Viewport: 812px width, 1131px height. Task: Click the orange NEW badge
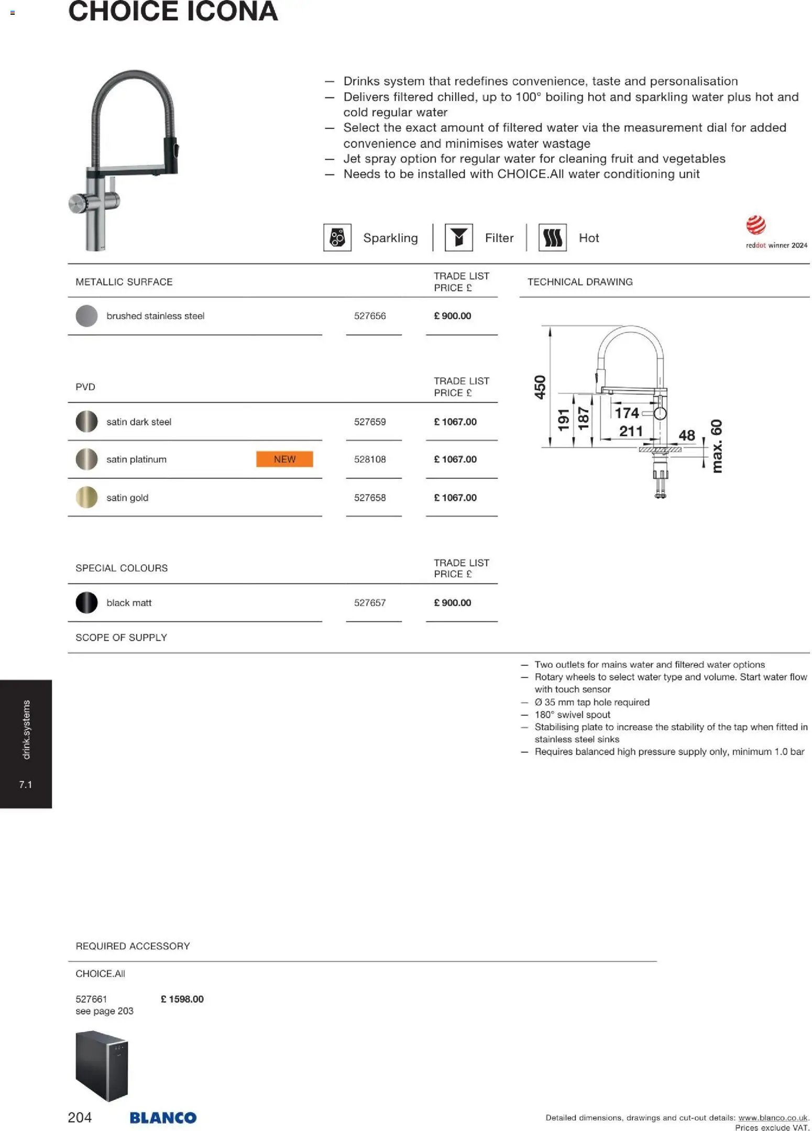pos(284,459)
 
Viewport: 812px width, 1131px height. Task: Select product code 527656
pos(369,316)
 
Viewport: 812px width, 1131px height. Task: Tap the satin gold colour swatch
pos(86,497)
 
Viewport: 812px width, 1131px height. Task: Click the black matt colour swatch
pos(86,602)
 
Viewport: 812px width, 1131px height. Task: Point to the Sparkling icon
pos(337,238)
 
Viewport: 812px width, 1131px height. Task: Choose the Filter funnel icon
pos(458,238)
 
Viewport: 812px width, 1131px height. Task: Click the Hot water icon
pos(552,238)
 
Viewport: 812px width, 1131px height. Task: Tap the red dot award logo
pos(755,225)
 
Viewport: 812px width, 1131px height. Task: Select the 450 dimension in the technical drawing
pos(540,387)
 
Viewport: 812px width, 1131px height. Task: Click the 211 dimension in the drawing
pos(630,431)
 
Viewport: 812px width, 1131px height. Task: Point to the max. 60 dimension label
pos(716,446)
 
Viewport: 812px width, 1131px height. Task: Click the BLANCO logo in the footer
pos(163,1117)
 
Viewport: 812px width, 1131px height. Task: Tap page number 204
pos(80,1117)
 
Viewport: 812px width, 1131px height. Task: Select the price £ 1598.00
pos(182,999)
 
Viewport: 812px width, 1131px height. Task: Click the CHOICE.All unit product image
pos(102,1066)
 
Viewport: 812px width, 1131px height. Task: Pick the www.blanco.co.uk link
pos(773,1118)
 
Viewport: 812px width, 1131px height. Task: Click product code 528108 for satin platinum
pos(369,459)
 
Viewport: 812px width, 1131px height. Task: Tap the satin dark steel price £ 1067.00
pos(455,422)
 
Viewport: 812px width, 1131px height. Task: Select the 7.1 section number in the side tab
pos(25,784)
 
